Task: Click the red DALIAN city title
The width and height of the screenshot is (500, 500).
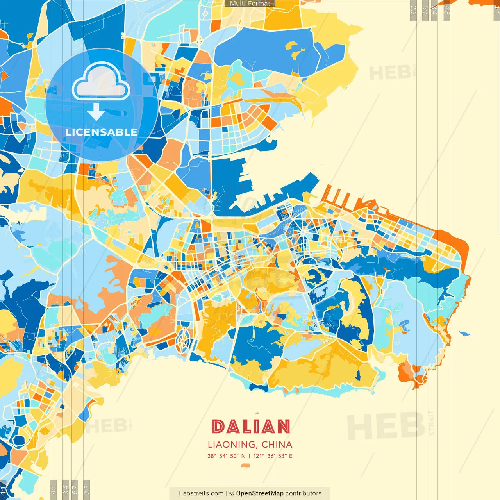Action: pyautogui.click(x=251, y=427)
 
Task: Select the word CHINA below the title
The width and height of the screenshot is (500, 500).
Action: pyautogui.click(x=277, y=445)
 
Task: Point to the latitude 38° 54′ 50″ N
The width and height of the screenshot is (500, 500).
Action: pyautogui.click(x=227, y=456)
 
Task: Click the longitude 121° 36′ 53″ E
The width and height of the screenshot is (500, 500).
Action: pyautogui.click(x=273, y=456)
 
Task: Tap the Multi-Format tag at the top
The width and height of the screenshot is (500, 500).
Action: pyautogui.click(x=250, y=4)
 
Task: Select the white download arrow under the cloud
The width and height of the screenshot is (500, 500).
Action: pyautogui.click(x=96, y=112)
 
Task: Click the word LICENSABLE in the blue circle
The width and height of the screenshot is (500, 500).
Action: pyautogui.click(x=101, y=132)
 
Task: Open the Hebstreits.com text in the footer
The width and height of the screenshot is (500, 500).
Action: pyautogui.click(x=201, y=493)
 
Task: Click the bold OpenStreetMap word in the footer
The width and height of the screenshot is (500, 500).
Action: pyautogui.click(x=259, y=493)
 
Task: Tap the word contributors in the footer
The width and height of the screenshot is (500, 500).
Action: pyautogui.click(x=304, y=493)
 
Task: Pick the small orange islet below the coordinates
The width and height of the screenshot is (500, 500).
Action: pyautogui.click(x=245, y=465)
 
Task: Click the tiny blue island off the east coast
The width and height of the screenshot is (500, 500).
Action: pyautogui.click(x=464, y=334)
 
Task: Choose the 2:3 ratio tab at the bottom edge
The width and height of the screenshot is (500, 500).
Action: pyautogui.click(x=86, y=489)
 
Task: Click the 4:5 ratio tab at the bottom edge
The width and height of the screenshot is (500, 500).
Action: pyautogui.click(x=54, y=489)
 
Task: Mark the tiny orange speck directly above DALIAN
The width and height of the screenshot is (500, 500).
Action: pyautogui.click(x=257, y=413)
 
